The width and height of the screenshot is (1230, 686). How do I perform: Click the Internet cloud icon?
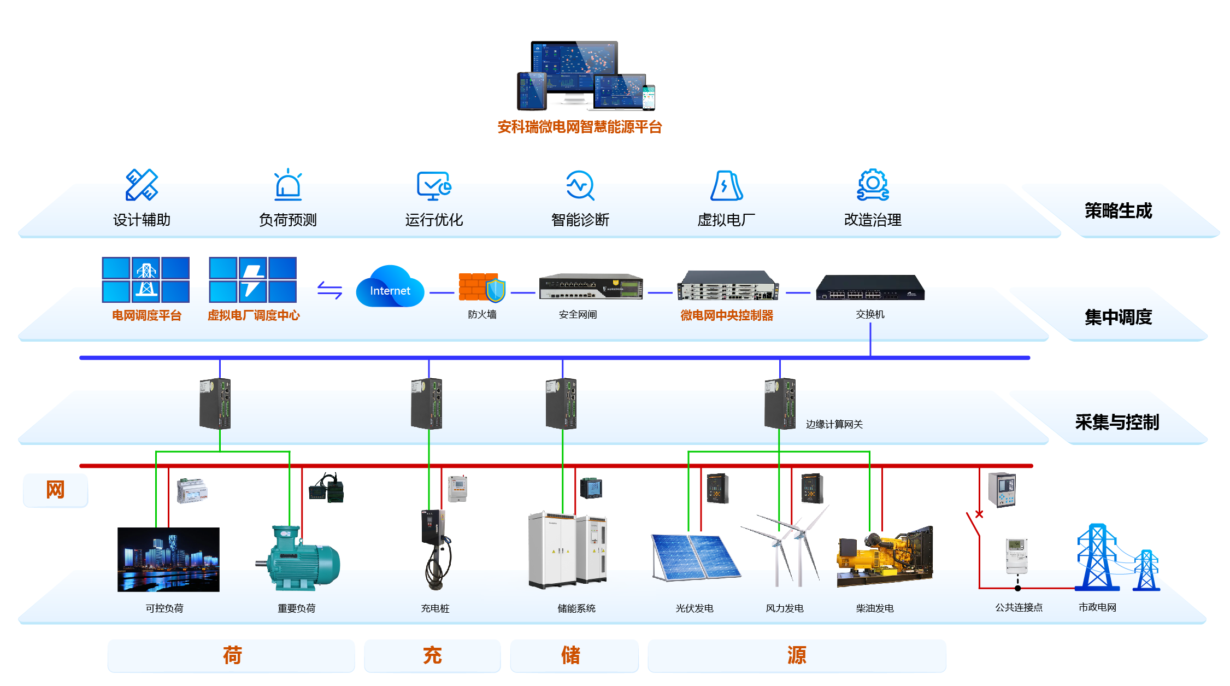[390, 287]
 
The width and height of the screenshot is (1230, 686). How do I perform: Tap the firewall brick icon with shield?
[481, 288]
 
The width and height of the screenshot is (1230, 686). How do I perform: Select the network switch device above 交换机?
[870, 288]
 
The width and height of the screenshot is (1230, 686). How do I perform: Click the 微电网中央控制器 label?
[727, 315]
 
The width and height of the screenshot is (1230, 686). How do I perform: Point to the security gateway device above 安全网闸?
[591, 286]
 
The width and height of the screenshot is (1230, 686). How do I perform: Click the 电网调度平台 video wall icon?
[146, 280]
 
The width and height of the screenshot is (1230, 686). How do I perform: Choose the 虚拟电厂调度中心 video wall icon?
[252, 280]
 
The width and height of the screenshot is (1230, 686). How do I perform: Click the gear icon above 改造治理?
[873, 185]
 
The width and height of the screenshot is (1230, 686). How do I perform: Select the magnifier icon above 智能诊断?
[580, 185]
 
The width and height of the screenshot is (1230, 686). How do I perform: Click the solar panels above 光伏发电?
[695, 557]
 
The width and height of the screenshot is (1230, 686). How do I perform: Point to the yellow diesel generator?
[885, 557]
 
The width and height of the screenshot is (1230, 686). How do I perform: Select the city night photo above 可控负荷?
[168, 559]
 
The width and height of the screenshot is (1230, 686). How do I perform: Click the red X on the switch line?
[979, 514]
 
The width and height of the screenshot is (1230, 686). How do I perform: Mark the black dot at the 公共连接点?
[1017, 588]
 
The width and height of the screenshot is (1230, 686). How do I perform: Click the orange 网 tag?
[55, 490]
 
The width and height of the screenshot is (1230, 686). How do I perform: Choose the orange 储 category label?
[570, 655]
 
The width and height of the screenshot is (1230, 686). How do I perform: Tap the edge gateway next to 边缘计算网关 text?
[780, 403]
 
